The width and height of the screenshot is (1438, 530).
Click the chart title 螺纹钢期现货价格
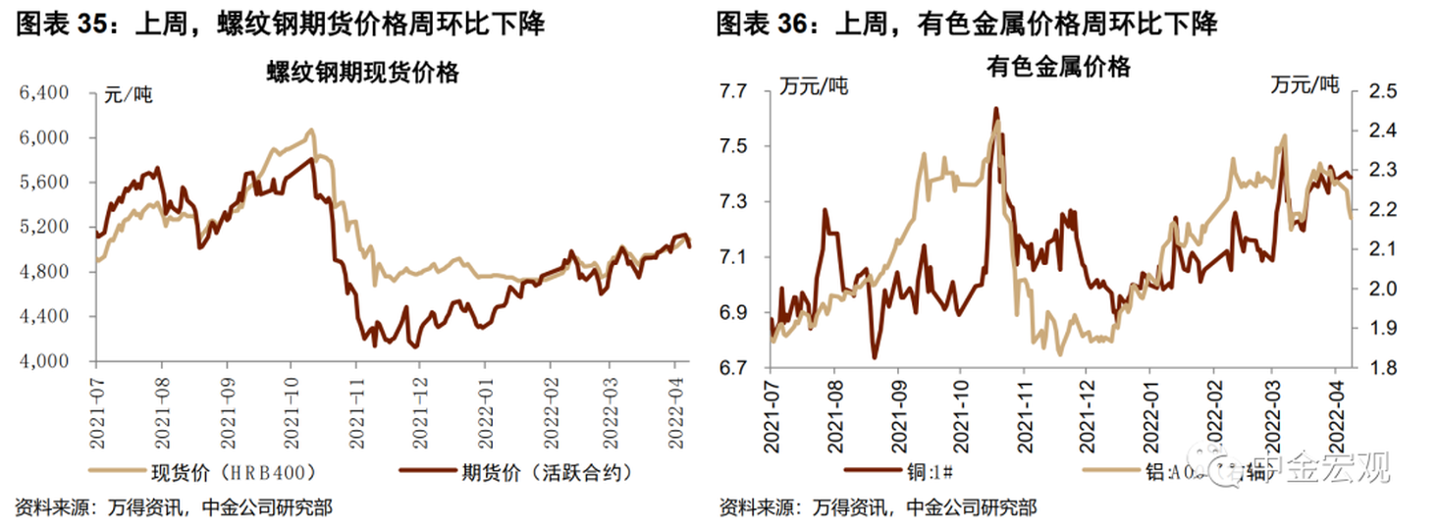pyautogui.click(x=362, y=72)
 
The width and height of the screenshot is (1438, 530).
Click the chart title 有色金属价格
pyautogui.click(x=1058, y=67)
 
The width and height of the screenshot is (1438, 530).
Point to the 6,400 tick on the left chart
pyautogui.click(x=44, y=93)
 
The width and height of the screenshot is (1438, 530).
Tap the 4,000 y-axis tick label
pyautogui.click(x=44, y=361)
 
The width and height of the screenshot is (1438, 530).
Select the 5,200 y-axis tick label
pyautogui.click(x=44, y=227)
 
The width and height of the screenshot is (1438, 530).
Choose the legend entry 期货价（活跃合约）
pyautogui.click(x=546, y=472)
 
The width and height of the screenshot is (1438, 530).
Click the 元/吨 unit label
pyautogui.click(x=129, y=96)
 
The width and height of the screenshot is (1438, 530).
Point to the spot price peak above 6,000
pyautogui.click(x=310, y=130)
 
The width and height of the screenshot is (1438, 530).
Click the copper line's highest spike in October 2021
pyautogui.click(x=995, y=108)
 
